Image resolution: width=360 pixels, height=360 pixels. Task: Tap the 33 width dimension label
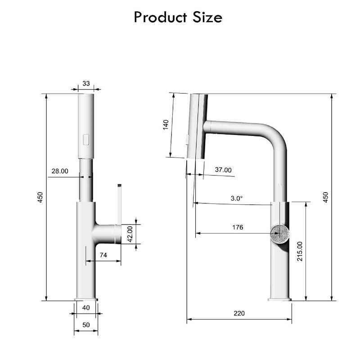pos(86,84)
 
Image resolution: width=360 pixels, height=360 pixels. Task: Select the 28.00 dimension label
pos(60,171)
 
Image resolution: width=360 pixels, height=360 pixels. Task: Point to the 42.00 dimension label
pos(130,234)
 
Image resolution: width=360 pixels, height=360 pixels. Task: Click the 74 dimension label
pos(103,255)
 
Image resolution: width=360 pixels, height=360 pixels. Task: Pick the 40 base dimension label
pos(86,308)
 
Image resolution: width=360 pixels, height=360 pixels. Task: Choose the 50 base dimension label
pos(86,324)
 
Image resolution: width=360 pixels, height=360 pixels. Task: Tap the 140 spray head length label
pos(166,125)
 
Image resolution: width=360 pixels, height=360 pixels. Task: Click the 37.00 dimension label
pos(223,170)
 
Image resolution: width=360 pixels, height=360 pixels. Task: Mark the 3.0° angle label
pos(237,198)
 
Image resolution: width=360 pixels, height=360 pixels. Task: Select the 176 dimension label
pos(238,227)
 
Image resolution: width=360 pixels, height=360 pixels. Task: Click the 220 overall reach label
pos(239,313)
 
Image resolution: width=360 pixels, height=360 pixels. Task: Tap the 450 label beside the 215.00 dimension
pos(326,197)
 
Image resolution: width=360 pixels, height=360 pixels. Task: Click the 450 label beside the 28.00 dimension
pos(40,197)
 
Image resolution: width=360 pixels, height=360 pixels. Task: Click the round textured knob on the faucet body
pos(279,234)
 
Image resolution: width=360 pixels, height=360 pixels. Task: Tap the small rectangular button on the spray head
pos(86,140)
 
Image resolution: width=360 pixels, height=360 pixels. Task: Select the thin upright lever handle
pos(119,205)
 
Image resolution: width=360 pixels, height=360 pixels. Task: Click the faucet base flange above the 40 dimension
pos(86,299)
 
